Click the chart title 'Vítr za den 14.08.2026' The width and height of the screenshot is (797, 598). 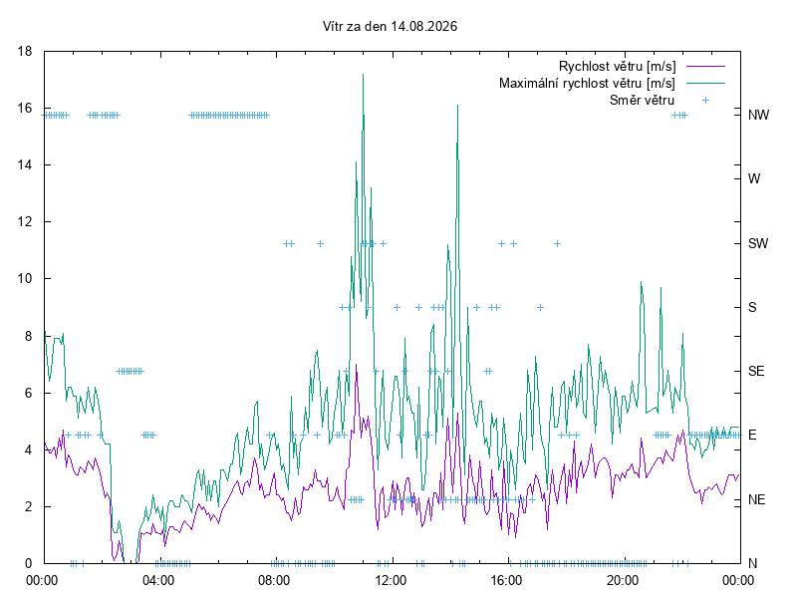[x=390, y=27]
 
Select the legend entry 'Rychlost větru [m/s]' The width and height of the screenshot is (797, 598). [x=617, y=66]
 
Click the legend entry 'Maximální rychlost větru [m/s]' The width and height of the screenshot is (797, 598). [x=587, y=83]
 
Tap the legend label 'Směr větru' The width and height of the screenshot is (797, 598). [x=642, y=101]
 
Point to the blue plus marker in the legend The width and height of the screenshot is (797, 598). [x=705, y=101]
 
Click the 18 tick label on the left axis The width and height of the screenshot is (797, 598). [x=24, y=52]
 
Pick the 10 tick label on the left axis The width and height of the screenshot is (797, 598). [x=24, y=279]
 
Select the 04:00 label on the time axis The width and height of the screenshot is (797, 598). [x=158, y=580]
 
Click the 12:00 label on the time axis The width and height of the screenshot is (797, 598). [x=391, y=580]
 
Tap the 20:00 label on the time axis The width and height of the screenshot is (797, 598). [x=623, y=580]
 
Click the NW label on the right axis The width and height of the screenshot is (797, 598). [x=758, y=115]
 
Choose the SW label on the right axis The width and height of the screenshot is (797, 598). [x=758, y=243]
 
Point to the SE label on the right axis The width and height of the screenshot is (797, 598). [x=756, y=371]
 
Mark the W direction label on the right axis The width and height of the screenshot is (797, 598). [x=754, y=179]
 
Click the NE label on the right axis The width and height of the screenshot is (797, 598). [x=757, y=500]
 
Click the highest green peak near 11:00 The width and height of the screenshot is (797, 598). [x=363, y=74]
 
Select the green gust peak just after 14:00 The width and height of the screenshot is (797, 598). [x=458, y=106]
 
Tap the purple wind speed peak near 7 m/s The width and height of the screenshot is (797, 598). [x=356, y=365]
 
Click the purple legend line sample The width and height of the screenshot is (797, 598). [x=705, y=66]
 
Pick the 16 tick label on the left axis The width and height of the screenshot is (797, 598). [x=24, y=109]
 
